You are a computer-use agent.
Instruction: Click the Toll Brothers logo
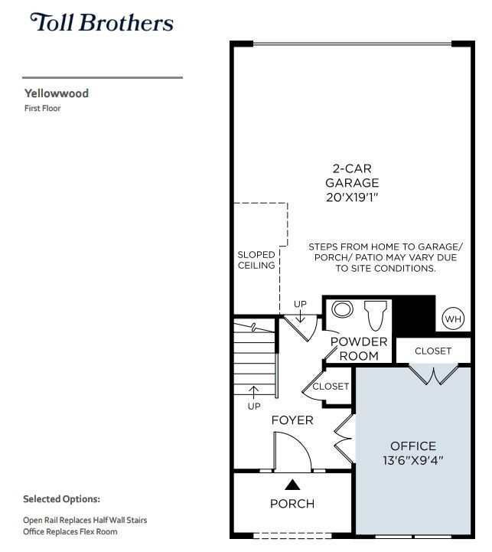click(102, 22)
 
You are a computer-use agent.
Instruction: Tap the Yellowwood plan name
click(57, 93)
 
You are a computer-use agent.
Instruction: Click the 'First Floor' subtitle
click(42, 109)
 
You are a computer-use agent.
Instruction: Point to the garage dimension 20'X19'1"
click(352, 198)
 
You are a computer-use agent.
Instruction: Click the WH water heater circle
click(453, 318)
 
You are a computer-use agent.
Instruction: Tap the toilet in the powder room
click(376, 314)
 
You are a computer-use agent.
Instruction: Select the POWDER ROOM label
click(359, 348)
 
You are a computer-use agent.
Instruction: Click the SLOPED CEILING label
click(256, 260)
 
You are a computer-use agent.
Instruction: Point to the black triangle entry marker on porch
click(292, 484)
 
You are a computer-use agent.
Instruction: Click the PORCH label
click(292, 504)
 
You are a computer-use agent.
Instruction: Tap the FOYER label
click(292, 420)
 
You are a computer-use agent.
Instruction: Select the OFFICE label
click(413, 446)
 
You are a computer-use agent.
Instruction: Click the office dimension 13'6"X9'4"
click(413, 461)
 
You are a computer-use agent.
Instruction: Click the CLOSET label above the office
click(433, 351)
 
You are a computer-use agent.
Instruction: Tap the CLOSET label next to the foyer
click(331, 387)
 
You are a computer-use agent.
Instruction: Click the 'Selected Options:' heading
click(61, 499)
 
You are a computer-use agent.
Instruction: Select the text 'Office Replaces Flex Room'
click(70, 531)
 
